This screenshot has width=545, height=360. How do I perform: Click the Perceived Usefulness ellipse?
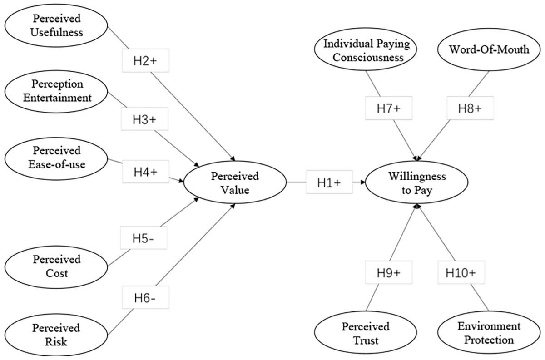(x=56, y=25)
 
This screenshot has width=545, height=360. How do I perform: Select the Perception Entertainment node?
(x=56, y=92)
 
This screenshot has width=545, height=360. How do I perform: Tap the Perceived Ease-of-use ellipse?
(x=56, y=158)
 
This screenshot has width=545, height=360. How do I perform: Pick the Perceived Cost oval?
(x=56, y=267)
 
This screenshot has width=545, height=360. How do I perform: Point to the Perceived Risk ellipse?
(x=56, y=335)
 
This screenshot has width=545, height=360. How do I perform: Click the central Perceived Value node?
(x=235, y=182)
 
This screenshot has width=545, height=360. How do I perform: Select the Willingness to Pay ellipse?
(x=416, y=182)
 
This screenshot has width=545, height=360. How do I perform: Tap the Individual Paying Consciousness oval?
(x=366, y=49)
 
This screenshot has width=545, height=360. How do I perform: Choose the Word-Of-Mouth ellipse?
(x=489, y=49)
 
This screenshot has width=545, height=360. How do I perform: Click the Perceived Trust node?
(x=366, y=332)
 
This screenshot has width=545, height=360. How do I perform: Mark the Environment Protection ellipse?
(x=489, y=332)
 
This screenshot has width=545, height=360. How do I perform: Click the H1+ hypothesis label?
(x=329, y=182)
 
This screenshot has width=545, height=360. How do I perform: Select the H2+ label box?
(x=145, y=60)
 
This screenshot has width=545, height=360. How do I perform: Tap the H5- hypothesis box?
(x=144, y=237)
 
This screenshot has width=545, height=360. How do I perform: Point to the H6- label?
(x=145, y=297)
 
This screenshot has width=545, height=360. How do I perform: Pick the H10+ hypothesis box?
(x=461, y=272)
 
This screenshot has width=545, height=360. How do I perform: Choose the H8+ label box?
(x=470, y=108)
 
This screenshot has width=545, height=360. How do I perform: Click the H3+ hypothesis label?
(x=145, y=119)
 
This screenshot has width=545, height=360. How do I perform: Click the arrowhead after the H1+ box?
(x=363, y=182)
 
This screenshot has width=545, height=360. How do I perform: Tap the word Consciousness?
(x=368, y=58)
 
